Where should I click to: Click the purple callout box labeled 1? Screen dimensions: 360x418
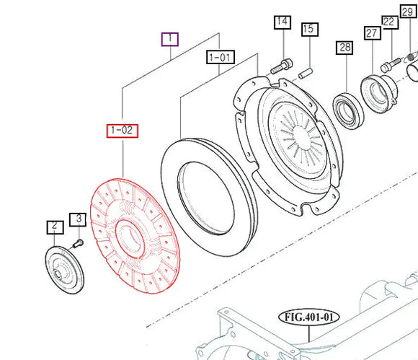pos(169,38)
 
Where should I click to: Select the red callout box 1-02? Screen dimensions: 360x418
pos(123,131)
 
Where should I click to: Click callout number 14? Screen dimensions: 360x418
pos(281,22)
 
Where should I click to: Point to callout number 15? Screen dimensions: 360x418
pos(308,30)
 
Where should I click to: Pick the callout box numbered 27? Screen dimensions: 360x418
pos(372,33)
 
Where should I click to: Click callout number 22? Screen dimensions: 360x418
pos(389,22)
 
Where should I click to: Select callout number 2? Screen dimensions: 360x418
pos(54,227)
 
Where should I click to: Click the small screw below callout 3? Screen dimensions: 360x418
pos(79,242)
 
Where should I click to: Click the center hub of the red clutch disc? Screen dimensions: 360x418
pos(131,237)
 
